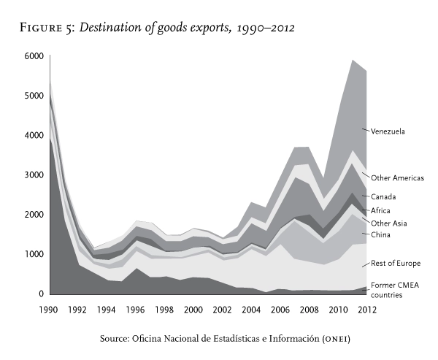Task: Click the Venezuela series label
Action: click(x=388, y=131)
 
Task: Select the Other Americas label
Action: click(x=397, y=177)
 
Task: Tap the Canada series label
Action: click(x=383, y=196)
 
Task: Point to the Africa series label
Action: click(x=381, y=210)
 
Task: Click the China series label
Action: click(x=380, y=234)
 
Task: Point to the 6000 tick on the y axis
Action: click(x=34, y=56)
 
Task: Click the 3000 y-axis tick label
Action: click(x=34, y=175)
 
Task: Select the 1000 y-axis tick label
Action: click(x=34, y=255)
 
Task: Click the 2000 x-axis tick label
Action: click(x=193, y=309)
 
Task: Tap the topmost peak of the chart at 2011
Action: click(x=353, y=60)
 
